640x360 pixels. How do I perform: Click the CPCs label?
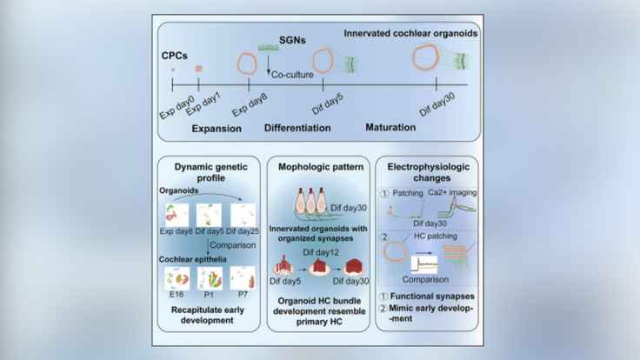(177, 54)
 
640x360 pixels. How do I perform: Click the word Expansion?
(214, 129)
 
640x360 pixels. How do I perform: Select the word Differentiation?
(297, 129)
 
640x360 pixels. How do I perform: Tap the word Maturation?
(388, 128)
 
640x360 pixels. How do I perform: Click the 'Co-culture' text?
(291, 76)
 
